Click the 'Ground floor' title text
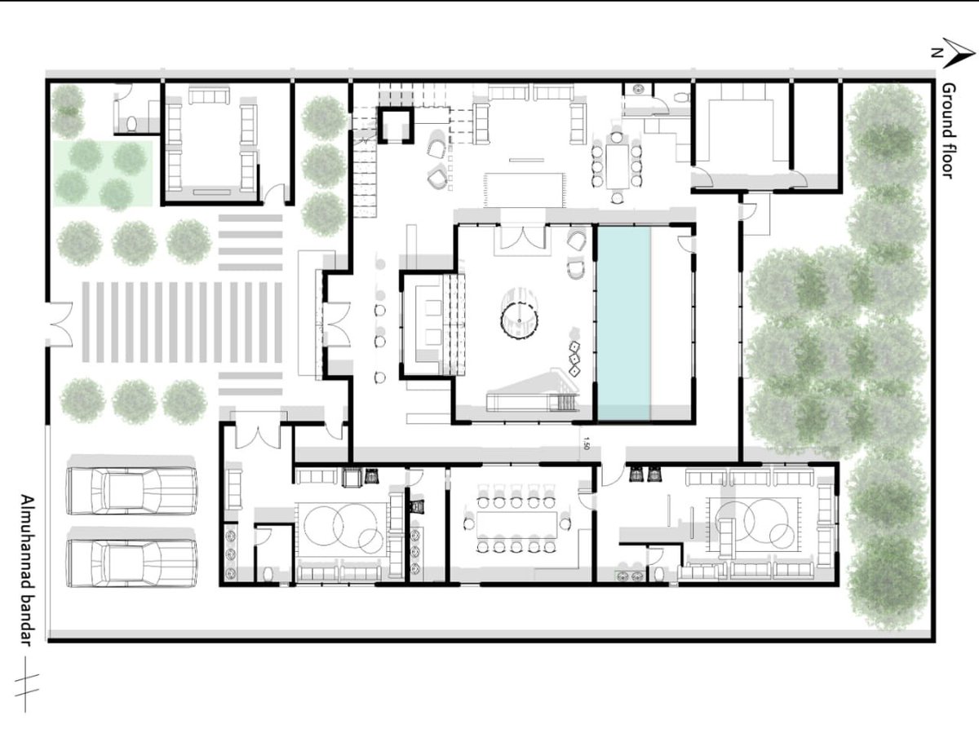948,130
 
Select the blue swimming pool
623,323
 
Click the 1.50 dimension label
586,443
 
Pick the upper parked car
132,491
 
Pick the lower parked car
132,563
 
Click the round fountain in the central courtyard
519,320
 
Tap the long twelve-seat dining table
516,525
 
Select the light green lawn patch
103,174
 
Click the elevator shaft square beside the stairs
396,126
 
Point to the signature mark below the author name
26,684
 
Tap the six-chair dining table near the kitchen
617,166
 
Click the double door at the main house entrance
337,324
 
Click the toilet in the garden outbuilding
131,123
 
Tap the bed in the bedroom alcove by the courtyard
429,325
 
